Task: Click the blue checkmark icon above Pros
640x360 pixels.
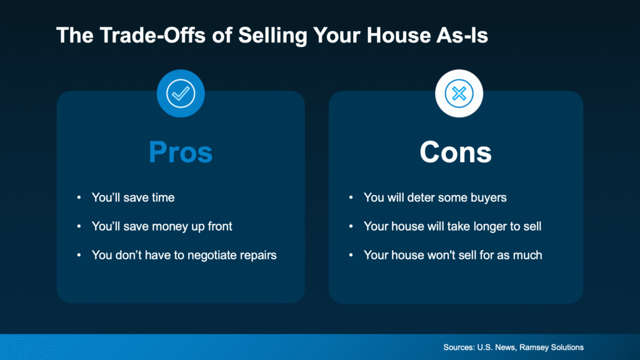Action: [181, 94]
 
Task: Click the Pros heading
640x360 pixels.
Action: [181, 152]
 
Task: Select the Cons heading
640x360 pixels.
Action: [456, 152]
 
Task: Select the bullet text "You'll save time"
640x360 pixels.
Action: [133, 197]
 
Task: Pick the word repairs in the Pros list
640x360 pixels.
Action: [256, 255]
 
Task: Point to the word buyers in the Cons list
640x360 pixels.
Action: [487, 197]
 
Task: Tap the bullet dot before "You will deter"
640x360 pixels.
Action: [351, 198]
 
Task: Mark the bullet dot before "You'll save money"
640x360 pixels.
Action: [79, 227]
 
